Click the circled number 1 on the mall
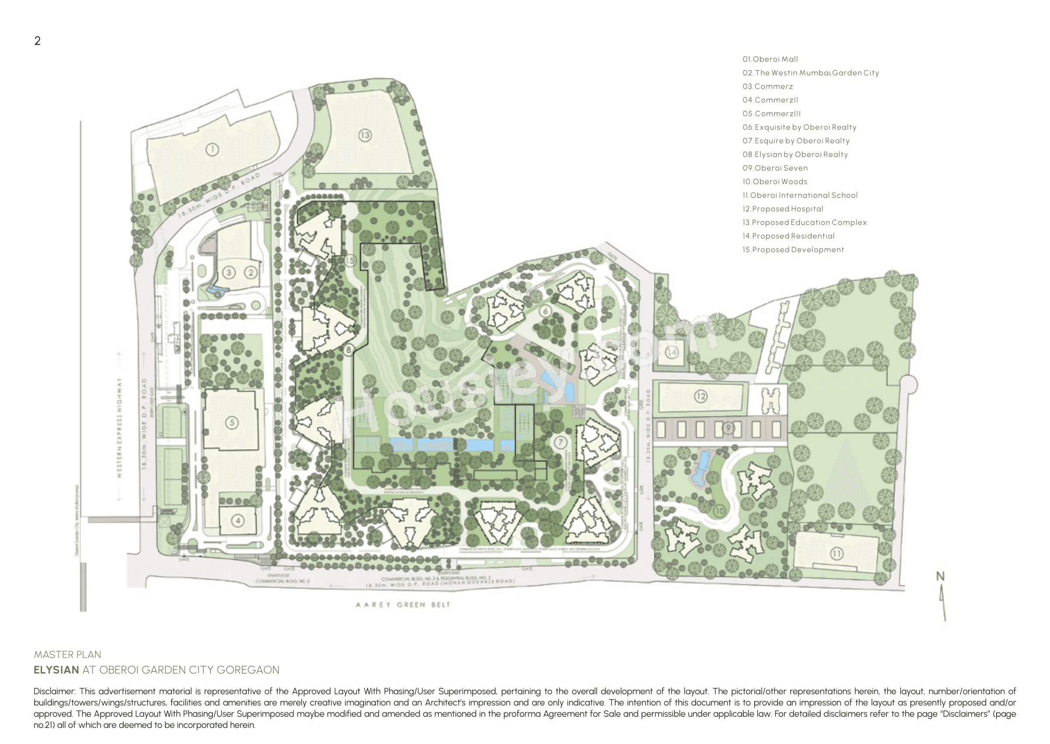[x=212, y=149]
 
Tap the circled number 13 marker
[x=365, y=135]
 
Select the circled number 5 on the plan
[x=232, y=422]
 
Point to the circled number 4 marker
[x=238, y=520]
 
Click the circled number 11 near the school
[x=836, y=554]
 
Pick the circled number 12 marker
[x=700, y=396]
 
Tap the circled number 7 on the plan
[x=560, y=442]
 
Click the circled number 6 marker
[x=545, y=311]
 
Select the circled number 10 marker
[x=719, y=510]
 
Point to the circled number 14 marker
[x=672, y=352]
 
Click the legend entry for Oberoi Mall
[x=770, y=59]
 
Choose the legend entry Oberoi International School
[x=800, y=195]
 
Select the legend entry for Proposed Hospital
[x=783, y=209]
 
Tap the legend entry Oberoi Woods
[x=775, y=182]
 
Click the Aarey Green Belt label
[x=403, y=605]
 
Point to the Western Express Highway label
[x=119, y=428]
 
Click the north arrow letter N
[x=940, y=576]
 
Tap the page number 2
[x=38, y=41]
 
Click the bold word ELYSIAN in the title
[x=56, y=670]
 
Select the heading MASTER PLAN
[x=67, y=655]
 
